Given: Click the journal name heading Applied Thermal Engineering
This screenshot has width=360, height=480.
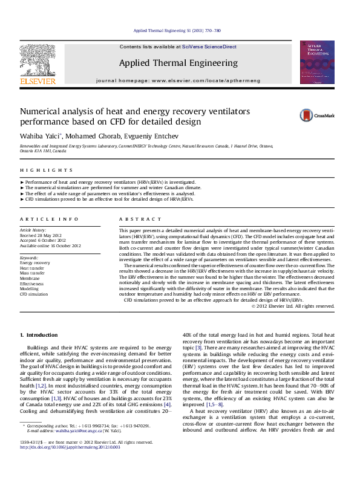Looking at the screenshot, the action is coord(178,63).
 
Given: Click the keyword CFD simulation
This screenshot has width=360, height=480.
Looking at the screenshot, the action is coord(34,294).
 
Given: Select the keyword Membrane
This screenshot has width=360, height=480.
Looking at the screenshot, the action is coord(31,278).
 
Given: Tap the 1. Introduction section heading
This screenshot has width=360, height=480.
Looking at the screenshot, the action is coord(39,334).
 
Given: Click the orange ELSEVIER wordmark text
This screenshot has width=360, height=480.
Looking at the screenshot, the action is coord(38,80).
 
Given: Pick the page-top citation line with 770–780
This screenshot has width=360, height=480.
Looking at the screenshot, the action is coord(177,30).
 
